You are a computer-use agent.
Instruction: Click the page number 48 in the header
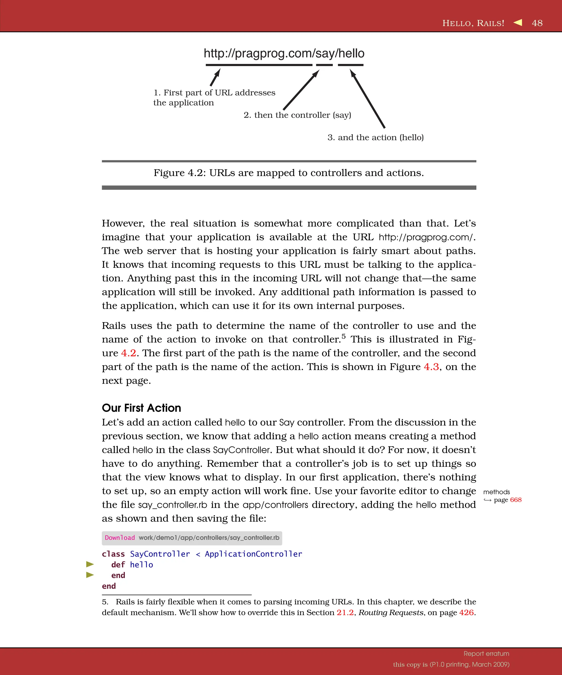(537, 23)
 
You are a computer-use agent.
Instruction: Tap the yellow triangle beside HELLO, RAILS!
(518, 22)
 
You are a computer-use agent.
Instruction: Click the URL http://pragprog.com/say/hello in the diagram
(284, 53)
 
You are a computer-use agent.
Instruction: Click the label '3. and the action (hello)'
(375, 137)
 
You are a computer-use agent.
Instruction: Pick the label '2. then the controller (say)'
(297, 115)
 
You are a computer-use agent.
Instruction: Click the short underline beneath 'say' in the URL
(324, 65)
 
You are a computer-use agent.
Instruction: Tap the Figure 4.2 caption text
(288, 173)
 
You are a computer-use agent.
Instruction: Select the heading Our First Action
(141, 408)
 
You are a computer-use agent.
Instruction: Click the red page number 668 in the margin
(515, 500)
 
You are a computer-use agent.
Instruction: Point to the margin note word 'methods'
(496, 492)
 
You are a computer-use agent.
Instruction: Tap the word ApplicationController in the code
(253, 554)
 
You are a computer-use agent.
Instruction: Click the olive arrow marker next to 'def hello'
(90, 564)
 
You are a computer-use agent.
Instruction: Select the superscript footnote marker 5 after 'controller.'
(343, 336)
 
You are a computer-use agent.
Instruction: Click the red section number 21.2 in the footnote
(345, 612)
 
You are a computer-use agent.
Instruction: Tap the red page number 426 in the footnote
(466, 612)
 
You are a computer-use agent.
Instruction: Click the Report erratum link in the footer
(486, 654)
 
